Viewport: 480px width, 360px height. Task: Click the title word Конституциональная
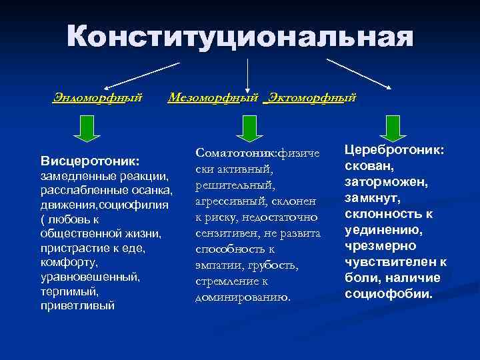click(x=239, y=37)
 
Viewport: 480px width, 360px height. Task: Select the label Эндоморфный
click(x=98, y=98)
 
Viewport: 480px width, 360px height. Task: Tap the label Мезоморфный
click(x=213, y=98)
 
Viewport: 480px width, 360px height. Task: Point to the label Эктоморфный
click(x=310, y=98)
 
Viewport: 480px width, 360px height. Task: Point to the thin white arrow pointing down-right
click(x=358, y=74)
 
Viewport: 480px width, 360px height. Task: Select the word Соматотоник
click(x=235, y=152)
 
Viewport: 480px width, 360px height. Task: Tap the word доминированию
click(x=243, y=296)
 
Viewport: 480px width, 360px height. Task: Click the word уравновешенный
click(x=91, y=277)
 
